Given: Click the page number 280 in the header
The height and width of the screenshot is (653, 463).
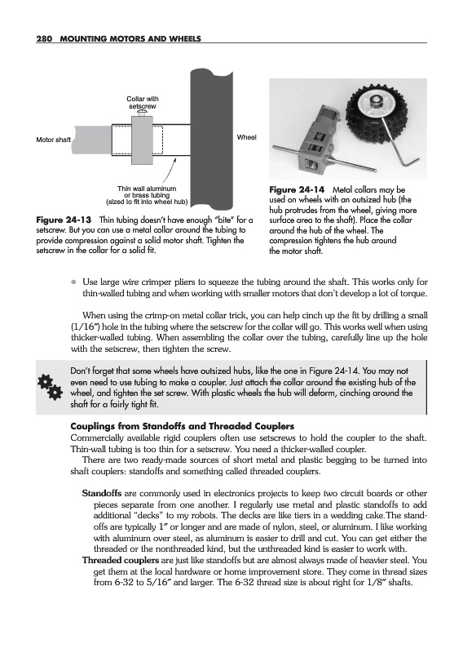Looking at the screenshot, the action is pyautogui.click(x=43, y=39).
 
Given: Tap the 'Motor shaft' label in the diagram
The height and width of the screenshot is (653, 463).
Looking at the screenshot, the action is pyautogui.click(x=53, y=140).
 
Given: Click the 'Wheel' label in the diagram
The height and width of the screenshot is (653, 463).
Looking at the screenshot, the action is pyautogui.click(x=247, y=137).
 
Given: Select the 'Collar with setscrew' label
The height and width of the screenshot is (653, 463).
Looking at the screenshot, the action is pyautogui.click(x=143, y=103).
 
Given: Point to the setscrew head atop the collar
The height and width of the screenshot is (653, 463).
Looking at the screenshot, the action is pyautogui.click(x=143, y=113).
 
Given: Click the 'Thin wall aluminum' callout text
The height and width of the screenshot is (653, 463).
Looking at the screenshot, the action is pyautogui.click(x=147, y=189).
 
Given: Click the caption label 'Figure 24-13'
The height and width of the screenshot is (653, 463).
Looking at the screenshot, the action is pyautogui.click(x=64, y=220).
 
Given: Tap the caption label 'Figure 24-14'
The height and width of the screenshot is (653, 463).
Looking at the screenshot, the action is pyautogui.click(x=297, y=189).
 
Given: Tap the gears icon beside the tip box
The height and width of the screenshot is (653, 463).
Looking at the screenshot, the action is pyautogui.click(x=50, y=387).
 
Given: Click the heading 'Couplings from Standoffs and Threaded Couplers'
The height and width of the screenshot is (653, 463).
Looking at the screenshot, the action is pyautogui.click(x=183, y=426).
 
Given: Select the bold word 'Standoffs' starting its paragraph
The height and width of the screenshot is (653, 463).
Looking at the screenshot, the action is pyautogui.click(x=102, y=494).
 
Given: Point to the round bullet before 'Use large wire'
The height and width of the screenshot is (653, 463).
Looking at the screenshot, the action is pyautogui.click(x=73, y=282).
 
